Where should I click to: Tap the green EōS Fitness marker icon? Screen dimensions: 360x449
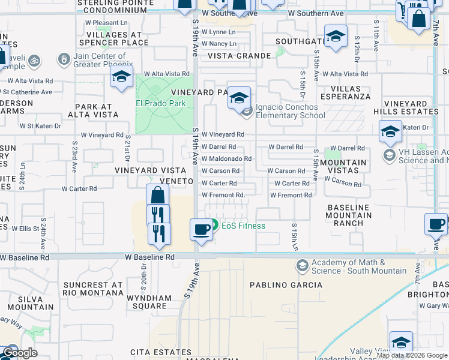point(214,224)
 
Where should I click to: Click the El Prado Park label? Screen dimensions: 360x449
point(160,103)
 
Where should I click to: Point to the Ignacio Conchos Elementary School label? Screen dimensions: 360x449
point(291,111)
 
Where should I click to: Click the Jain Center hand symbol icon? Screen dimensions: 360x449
point(64,59)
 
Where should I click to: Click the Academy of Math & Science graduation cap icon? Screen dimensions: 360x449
point(302,265)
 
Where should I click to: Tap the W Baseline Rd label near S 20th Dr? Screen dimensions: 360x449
point(150,257)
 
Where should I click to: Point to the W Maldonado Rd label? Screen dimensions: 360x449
point(226,158)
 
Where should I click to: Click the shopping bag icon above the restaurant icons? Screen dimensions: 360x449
point(157,195)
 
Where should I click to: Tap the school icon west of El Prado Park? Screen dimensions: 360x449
point(121,77)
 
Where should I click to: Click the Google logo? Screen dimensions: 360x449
point(19,352)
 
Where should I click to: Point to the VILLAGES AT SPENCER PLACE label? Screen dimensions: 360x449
point(117,39)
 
